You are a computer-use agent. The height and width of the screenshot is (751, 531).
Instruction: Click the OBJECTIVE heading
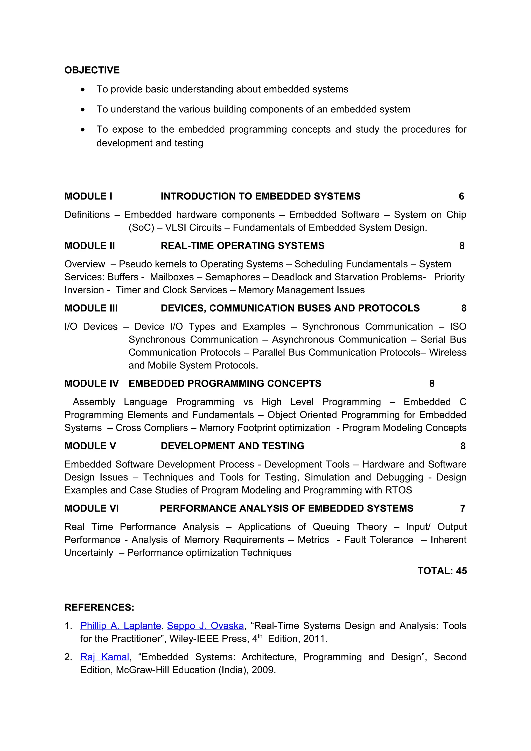(92, 70)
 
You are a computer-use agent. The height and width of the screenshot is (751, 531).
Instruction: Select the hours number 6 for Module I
(461, 196)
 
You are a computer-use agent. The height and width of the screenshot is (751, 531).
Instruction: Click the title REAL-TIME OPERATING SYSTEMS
(242, 246)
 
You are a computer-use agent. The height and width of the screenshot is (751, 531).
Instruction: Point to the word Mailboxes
(172, 277)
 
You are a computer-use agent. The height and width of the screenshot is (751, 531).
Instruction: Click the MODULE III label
(91, 308)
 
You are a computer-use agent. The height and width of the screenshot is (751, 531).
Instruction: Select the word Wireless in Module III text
(448, 352)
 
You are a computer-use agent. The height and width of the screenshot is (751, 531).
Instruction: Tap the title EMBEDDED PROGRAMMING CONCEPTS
(225, 383)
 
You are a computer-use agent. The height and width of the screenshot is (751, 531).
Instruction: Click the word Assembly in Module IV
(94, 402)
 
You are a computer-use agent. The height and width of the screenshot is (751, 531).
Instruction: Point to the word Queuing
(331, 527)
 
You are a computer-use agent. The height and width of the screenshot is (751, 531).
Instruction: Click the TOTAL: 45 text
(442, 571)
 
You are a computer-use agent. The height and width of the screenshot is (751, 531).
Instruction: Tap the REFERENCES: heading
(99, 607)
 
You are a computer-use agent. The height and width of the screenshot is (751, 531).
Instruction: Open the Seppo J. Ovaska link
(205, 626)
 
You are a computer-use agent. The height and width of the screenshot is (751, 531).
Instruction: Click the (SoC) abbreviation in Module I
(141, 227)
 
